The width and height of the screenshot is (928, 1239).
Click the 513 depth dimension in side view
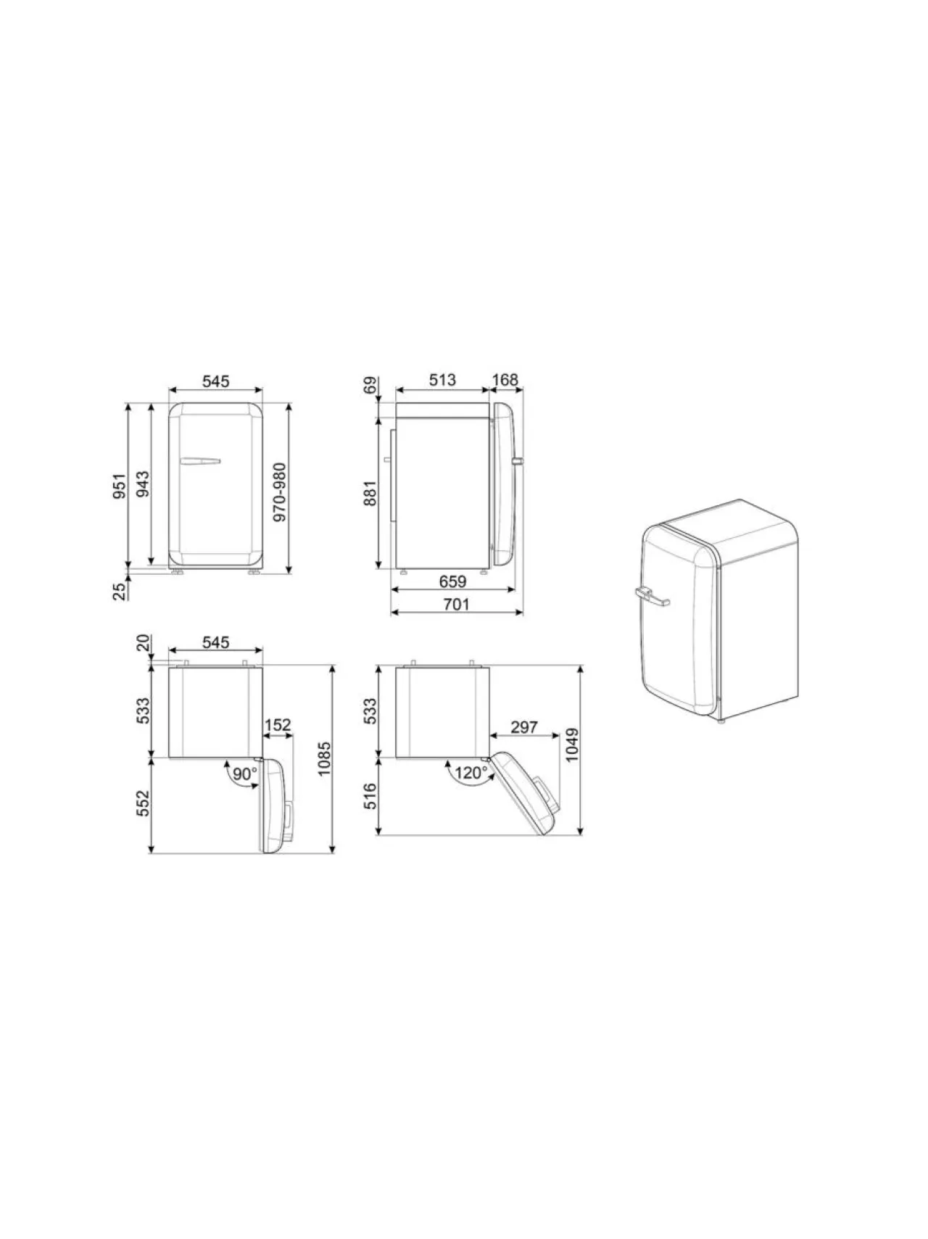pyautogui.click(x=442, y=379)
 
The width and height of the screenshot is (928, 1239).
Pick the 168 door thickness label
pyautogui.click(x=505, y=379)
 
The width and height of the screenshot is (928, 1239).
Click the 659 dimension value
pyautogui.click(x=452, y=581)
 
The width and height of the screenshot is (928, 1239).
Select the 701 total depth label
pyautogui.click(x=457, y=604)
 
